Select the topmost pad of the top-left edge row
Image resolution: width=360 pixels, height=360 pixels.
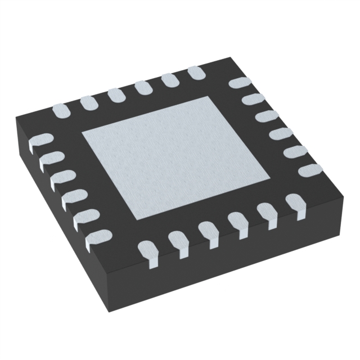(x=196, y=73)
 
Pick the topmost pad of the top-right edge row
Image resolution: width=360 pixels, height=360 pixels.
(x=239, y=83)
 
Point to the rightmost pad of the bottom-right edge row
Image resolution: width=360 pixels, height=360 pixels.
(x=294, y=201)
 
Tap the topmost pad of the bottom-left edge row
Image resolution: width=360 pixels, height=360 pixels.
(x=39, y=141)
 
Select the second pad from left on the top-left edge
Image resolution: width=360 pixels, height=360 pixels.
(x=87, y=102)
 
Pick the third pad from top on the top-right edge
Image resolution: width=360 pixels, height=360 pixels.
(x=267, y=116)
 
